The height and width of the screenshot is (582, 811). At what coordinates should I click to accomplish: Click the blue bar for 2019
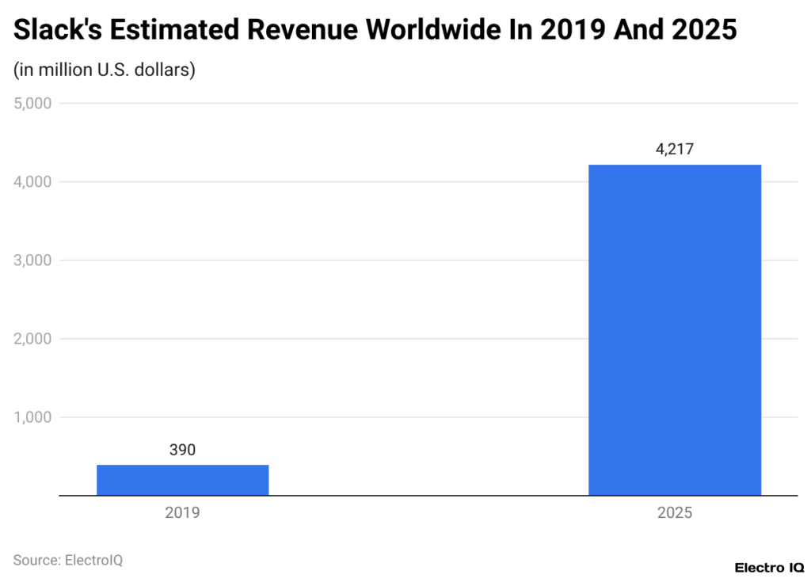(x=182, y=480)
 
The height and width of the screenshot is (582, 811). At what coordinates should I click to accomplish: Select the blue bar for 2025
(x=674, y=330)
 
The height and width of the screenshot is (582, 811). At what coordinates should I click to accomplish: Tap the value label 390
(x=182, y=451)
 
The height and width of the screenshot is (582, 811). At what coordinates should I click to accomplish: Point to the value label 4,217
(x=674, y=149)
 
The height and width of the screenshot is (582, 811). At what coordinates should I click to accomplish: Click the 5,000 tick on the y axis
(x=32, y=104)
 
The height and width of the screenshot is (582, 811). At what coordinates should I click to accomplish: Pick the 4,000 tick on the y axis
(x=32, y=182)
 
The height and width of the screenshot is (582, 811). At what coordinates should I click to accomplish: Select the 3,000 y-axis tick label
(x=32, y=261)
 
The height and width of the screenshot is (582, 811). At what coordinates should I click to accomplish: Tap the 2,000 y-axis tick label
(x=32, y=339)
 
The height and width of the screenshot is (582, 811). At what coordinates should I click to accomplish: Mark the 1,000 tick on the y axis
(x=32, y=417)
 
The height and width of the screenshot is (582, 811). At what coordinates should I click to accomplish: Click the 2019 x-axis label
(x=182, y=512)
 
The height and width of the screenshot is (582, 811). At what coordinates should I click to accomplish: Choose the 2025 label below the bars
(x=674, y=512)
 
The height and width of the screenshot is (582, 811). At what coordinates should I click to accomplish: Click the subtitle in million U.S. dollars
(x=104, y=70)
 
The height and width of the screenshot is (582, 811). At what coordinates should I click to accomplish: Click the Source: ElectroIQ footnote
(x=68, y=560)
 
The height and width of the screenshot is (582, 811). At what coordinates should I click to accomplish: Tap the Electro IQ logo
(x=768, y=567)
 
